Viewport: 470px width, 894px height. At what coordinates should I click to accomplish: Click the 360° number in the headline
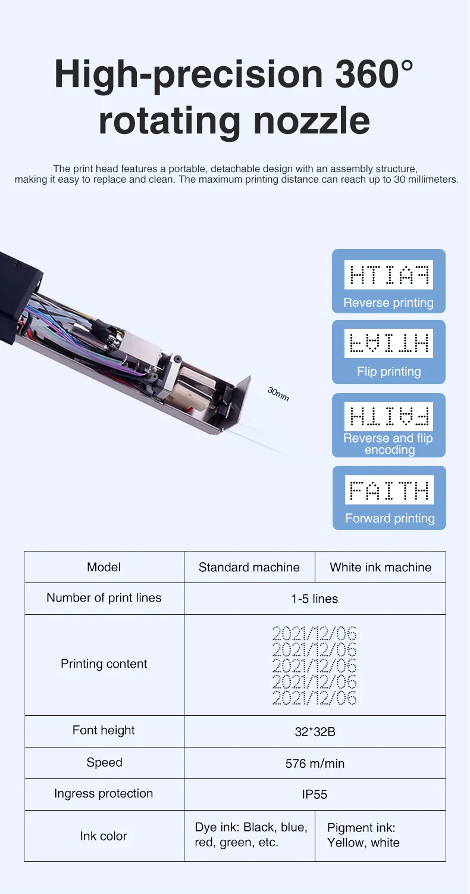(x=374, y=74)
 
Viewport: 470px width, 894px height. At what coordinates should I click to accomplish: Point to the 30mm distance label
(x=278, y=394)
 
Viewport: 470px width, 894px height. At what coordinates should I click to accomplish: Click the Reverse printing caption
(x=388, y=303)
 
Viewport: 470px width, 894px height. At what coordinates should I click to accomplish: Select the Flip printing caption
(x=389, y=372)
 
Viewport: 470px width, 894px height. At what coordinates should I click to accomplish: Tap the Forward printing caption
(x=390, y=518)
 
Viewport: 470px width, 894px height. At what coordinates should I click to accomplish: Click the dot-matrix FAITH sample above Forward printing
(x=389, y=490)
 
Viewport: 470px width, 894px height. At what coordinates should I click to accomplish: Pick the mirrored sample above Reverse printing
(x=388, y=275)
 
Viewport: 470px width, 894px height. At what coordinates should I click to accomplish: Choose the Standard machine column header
(x=249, y=567)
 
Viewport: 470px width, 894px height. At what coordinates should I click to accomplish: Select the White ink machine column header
(x=381, y=567)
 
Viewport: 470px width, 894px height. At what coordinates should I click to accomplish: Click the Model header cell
(x=104, y=567)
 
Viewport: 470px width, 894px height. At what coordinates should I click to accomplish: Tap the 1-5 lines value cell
(x=315, y=599)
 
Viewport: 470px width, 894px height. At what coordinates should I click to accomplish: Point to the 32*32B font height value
(x=315, y=731)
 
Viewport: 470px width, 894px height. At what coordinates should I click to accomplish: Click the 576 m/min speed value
(x=315, y=764)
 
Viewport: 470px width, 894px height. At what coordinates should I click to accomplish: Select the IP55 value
(x=315, y=794)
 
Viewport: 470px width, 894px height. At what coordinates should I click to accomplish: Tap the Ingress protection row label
(x=104, y=793)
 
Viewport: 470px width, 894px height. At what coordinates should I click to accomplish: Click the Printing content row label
(x=104, y=664)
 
